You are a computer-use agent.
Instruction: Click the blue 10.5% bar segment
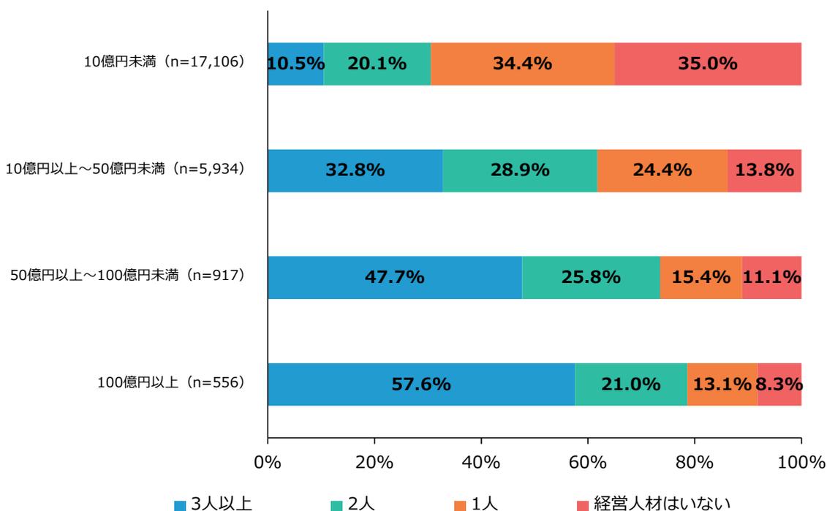pos(295,64)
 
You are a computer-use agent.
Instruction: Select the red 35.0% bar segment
pos(708,64)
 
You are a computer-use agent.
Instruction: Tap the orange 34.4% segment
pos(522,64)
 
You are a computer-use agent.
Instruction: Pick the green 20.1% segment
pos(377,64)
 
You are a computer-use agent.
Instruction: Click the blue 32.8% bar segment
pos(355,170)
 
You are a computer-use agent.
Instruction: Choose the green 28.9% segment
pos(519,170)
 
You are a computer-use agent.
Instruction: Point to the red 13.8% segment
pos(764,170)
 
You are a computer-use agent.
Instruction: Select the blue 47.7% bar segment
pos(395,277)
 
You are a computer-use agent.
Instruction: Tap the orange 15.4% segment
pos(701,277)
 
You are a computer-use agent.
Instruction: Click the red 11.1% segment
pos(771,277)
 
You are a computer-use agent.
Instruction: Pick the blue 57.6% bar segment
pos(421,384)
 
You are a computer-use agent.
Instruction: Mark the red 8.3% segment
pos(779,384)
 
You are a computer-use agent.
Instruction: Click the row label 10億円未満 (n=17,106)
pos(162,64)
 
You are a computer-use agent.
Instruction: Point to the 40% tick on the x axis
pos(481,463)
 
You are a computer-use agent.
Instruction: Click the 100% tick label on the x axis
pos(801,463)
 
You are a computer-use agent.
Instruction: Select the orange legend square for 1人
pos(460,504)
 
